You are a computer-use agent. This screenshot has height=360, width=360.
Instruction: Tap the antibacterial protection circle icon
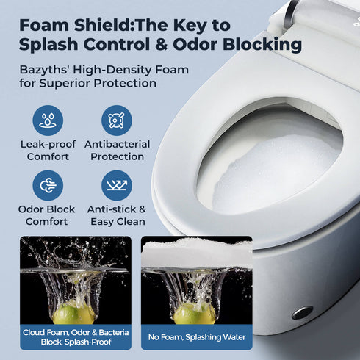tap(117, 120)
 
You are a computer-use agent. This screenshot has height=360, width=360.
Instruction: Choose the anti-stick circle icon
tap(117, 185)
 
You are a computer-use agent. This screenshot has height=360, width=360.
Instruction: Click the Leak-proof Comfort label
tap(48, 151)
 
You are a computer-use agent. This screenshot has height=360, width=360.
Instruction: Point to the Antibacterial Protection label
tap(117, 151)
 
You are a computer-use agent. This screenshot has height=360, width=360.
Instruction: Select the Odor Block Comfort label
tap(48, 215)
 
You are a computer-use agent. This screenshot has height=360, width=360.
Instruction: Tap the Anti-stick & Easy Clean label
tap(117, 215)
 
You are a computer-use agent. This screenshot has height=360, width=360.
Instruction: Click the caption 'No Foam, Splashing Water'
tap(196, 337)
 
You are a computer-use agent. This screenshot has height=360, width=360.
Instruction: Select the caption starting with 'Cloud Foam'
tap(76, 337)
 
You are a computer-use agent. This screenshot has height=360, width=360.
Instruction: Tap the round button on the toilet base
tap(301, 312)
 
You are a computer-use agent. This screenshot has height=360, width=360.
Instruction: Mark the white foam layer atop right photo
tap(195, 252)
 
